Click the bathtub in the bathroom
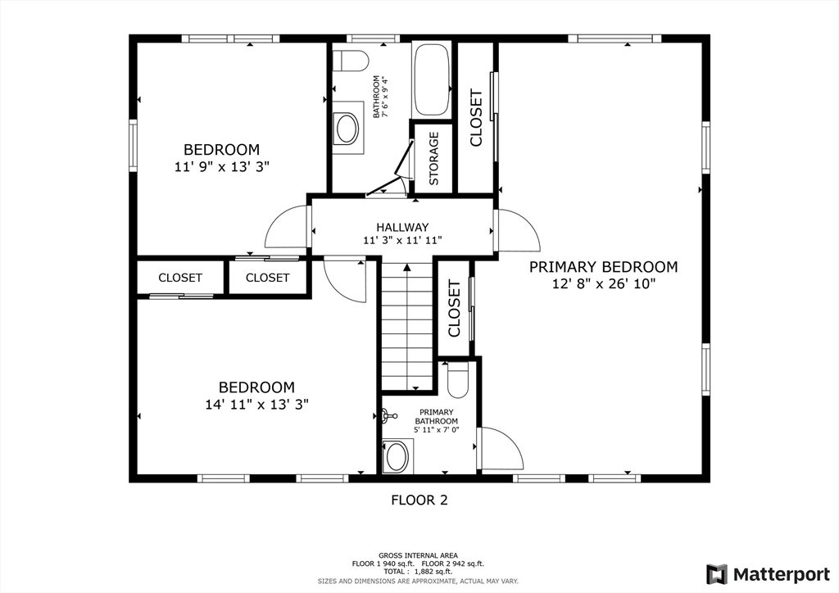pyautogui.click(x=432, y=79)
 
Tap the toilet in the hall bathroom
pyautogui.click(x=351, y=61)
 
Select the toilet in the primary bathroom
pyautogui.click(x=457, y=380)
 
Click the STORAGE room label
pyautogui.click(x=434, y=158)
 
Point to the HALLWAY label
pyautogui.click(x=402, y=227)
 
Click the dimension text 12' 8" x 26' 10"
pyautogui.click(x=604, y=283)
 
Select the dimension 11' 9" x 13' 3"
pyautogui.click(x=221, y=167)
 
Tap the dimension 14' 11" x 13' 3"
pyautogui.click(x=256, y=405)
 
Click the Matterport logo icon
pyautogui.click(x=716, y=574)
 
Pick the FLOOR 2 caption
pyautogui.click(x=419, y=500)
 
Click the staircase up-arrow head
pyautogui.click(x=407, y=267)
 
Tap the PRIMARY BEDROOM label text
pyautogui.click(x=604, y=267)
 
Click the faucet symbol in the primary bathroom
pyautogui.click(x=389, y=415)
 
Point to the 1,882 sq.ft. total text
pyautogui.click(x=429, y=572)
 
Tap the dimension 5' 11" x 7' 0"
pyautogui.click(x=437, y=430)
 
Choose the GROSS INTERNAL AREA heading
pyautogui.click(x=418, y=555)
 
